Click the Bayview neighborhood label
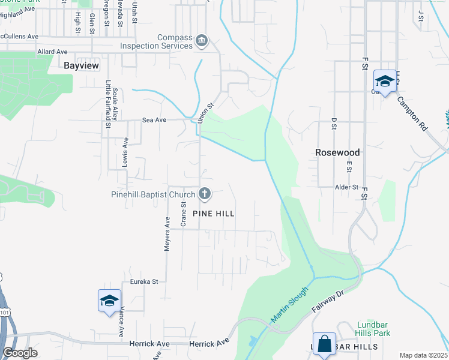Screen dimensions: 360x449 point(81,66)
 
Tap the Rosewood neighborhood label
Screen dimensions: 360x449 point(337,152)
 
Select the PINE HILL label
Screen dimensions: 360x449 point(213,214)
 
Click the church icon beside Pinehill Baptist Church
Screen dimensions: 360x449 point(205,194)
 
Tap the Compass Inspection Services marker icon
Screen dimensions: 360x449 point(202,41)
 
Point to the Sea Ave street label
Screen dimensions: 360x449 point(154,120)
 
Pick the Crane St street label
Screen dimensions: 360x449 point(184,212)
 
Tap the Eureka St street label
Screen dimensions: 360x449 point(144,281)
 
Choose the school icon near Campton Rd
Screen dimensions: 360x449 point(384,80)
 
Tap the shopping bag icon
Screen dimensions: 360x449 point(324,344)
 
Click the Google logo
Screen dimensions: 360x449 point(20,353)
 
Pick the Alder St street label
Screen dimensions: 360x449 point(347,187)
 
